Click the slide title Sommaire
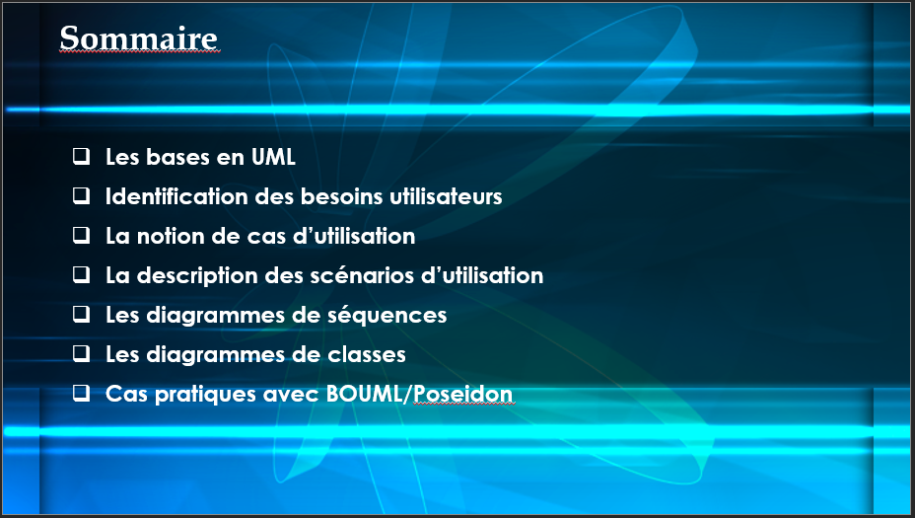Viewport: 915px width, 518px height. [x=139, y=38]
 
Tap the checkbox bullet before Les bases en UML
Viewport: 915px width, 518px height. [x=81, y=156]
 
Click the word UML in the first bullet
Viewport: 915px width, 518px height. [x=273, y=157]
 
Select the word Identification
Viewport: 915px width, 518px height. [x=176, y=196]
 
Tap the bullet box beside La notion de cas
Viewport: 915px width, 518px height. [x=81, y=235]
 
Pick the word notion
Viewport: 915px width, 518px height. [x=171, y=236]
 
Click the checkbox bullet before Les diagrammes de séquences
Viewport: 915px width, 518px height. [x=81, y=314]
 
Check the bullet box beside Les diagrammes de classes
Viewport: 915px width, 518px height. [x=81, y=353]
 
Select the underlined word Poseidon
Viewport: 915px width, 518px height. [x=462, y=394]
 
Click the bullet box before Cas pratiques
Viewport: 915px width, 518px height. [x=81, y=393]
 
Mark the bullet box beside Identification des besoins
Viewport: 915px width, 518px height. [x=81, y=195]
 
